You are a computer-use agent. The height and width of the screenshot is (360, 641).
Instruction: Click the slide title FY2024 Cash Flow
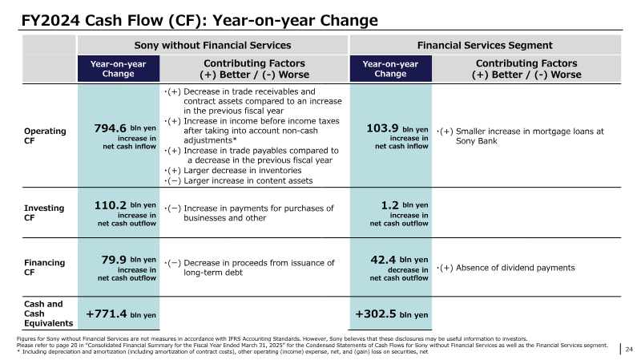tap(200, 20)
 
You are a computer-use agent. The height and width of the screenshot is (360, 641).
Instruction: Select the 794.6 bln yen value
tap(125, 128)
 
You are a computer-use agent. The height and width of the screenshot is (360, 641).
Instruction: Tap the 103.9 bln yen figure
tap(397, 128)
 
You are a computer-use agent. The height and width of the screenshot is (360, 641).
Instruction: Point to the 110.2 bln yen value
tap(125, 205)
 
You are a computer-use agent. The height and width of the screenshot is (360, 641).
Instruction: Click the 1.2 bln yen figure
tap(405, 205)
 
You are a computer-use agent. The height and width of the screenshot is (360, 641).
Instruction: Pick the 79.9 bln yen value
tap(129, 260)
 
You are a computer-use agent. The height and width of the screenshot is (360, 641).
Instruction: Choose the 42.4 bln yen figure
tap(399, 260)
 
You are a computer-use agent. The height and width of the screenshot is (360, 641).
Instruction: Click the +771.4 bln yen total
tap(121, 314)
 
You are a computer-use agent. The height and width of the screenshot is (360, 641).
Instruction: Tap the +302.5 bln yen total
tap(392, 314)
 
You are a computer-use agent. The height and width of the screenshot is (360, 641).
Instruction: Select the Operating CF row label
tap(45, 136)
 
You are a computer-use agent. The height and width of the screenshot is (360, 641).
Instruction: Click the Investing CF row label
tap(44, 212)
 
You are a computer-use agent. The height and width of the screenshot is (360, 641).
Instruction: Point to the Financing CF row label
tap(45, 267)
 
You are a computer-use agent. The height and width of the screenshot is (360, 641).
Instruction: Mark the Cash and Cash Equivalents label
tap(48, 313)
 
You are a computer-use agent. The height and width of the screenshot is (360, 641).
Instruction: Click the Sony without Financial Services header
tap(212, 45)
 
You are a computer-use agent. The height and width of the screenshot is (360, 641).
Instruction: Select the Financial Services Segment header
tap(485, 45)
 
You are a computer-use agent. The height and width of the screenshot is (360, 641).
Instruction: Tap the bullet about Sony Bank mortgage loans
tap(520, 136)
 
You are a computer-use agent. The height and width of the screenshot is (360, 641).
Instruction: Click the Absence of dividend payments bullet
tap(506, 268)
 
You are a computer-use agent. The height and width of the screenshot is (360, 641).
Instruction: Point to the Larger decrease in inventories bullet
tap(232, 170)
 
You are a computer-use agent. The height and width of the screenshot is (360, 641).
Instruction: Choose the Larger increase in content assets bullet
tap(238, 180)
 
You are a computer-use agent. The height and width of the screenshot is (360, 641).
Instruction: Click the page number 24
tap(629, 349)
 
